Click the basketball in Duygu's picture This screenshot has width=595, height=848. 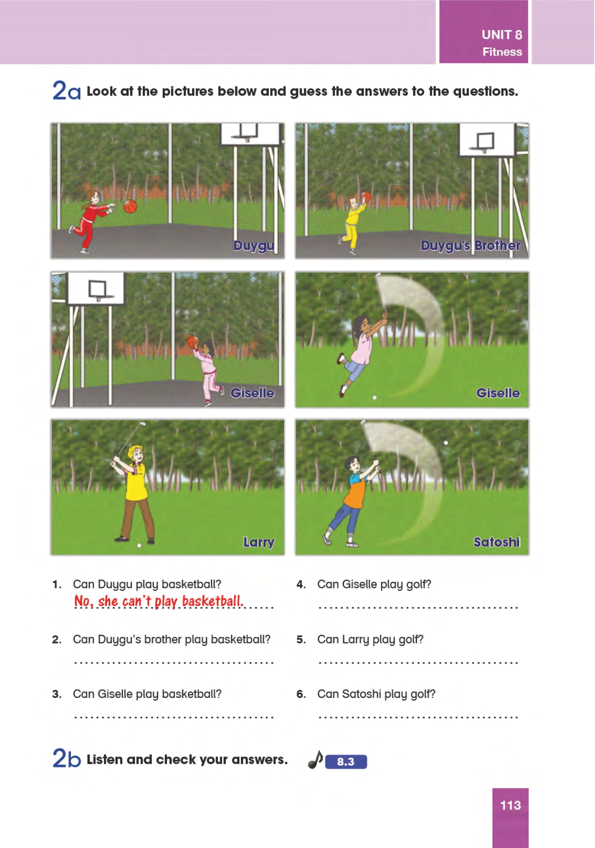130,206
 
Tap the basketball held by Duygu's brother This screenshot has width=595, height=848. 366,196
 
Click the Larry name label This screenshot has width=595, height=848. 259,542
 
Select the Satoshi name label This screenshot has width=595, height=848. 497,542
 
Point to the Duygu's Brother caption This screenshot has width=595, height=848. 470,246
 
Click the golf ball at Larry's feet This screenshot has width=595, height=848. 139,545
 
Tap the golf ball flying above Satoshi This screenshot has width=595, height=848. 446,442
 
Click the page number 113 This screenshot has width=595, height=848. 510,805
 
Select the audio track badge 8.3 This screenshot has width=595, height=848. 346,762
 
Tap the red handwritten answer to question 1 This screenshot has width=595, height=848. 159,601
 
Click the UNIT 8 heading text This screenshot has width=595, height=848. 502,35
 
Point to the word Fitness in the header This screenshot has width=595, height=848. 502,52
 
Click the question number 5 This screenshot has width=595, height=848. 301,639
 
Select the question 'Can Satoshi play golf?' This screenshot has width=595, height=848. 376,694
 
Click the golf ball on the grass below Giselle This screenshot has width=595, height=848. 374,397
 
